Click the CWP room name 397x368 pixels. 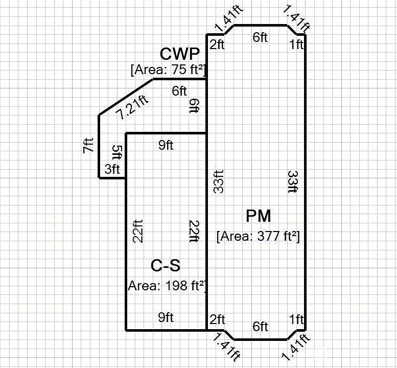[x=179, y=54]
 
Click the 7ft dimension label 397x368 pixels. [x=88, y=145]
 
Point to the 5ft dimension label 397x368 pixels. [x=116, y=152]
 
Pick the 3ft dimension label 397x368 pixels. [x=112, y=169]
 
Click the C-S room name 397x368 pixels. [x=166, y=266]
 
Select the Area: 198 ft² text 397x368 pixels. [x=167, y=286]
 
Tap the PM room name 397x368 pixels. [x=258, y=216]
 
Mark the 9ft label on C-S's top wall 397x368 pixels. [x=166, y=145]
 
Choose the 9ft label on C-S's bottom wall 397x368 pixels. [x=166, y=317]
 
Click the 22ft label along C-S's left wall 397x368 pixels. [x=138, y=231]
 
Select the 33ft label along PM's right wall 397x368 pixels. [x=293, y=182]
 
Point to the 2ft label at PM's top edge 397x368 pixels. [x=217, y=45]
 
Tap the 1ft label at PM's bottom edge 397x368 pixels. [x=296, y=319]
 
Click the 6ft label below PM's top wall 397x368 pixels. [x=260, y=37]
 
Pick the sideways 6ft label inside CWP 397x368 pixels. [x=195, y=106]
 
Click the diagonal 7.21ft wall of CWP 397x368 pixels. [x=126, y=98]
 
